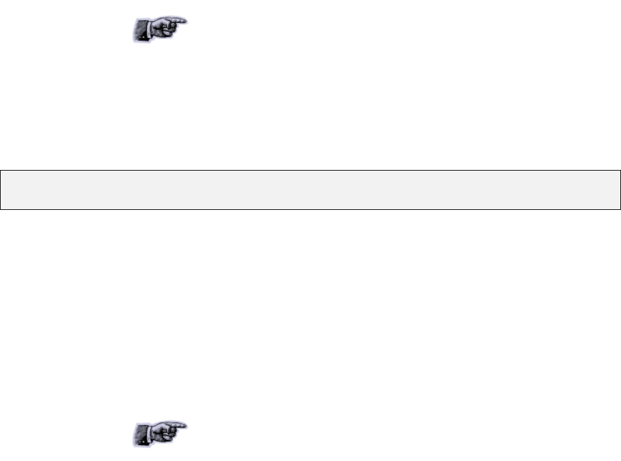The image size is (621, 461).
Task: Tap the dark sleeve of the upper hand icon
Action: click(142, 32)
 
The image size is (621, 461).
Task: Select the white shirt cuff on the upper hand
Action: click(152, 29)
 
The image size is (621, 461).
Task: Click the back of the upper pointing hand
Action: click(161, 24)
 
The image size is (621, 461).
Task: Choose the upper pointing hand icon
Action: click(160, 28)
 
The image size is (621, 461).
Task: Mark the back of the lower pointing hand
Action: click(161, 428)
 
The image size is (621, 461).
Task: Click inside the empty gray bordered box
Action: click(310, 190)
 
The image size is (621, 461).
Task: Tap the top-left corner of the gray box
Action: click(1, 171)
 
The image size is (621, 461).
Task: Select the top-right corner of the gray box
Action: click(620, 171)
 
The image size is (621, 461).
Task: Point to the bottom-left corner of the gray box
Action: click(1, 209)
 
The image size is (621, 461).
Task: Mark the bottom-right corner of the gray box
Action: click(620, 209)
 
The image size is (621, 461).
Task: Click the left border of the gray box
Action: click(1, 190)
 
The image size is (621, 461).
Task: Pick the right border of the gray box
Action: click(620, 190)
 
